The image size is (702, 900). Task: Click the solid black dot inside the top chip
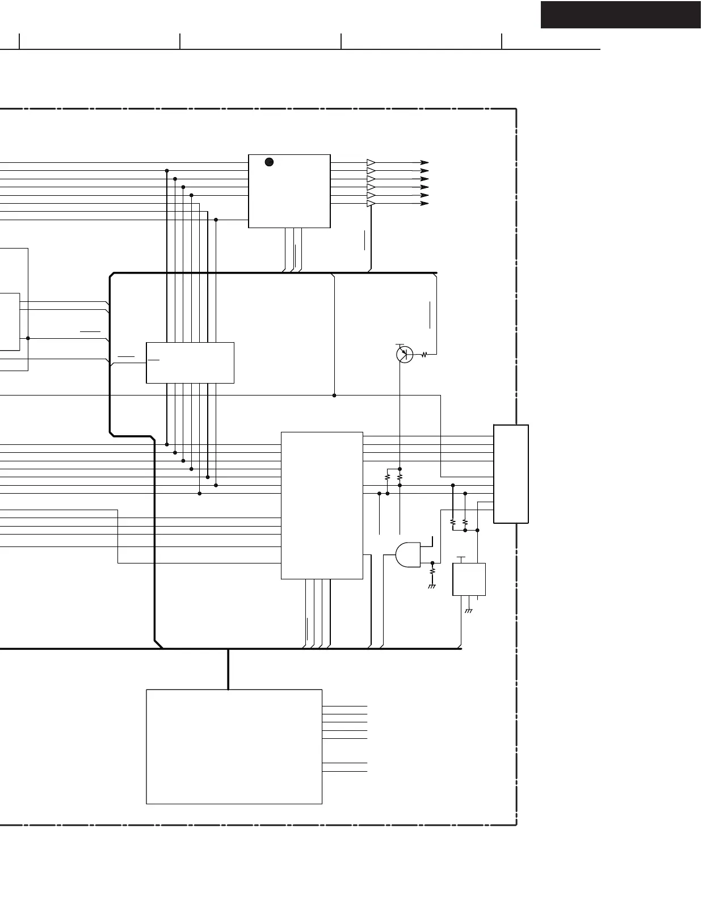270,162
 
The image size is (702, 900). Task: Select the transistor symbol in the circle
404,354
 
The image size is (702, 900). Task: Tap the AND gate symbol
408,555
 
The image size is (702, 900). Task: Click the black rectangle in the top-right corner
621,15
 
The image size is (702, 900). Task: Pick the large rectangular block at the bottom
234,746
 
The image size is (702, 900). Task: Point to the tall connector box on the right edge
511,474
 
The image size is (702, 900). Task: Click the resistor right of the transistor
424,355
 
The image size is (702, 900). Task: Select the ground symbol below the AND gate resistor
432,586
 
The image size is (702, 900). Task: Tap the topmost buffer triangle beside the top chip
371,162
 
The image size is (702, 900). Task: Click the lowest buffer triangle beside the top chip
371,203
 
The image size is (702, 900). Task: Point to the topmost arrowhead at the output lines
424,162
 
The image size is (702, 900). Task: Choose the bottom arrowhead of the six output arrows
424,203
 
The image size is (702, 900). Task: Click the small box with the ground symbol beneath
469,579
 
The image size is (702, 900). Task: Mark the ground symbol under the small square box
469,611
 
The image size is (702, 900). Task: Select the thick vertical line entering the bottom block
228,669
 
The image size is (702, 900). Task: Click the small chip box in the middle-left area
190,363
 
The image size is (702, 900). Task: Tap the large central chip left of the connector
322,505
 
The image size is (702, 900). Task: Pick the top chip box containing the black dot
289,191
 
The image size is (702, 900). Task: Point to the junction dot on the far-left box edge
28,338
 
